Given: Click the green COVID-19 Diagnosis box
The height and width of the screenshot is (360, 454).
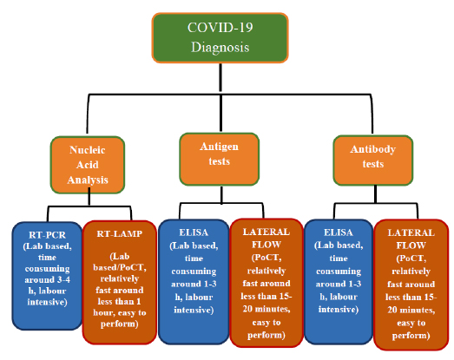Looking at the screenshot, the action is click(x=220, y=37).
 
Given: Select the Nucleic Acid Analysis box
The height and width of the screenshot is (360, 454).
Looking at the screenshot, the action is click(x=88, y=165).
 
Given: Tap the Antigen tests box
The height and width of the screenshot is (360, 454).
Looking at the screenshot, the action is click(x=219, y=159).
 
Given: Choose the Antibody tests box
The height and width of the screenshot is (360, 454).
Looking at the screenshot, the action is click(x=373, y=160).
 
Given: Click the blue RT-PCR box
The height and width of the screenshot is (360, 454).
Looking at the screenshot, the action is click(x=47, y=276).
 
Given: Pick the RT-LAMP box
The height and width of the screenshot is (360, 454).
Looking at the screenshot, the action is click(x=120, y=282).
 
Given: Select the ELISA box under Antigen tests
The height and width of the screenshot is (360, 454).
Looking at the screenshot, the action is click(x=194, y=282).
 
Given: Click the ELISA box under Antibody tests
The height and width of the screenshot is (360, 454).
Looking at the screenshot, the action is click(x=339, y=282).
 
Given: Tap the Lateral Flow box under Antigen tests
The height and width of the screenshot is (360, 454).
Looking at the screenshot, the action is click(x=266, y=283).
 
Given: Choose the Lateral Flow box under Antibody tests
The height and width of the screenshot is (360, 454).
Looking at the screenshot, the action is click(x=411, y=285).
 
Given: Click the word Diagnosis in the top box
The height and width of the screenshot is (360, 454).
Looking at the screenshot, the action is click(x=220, y=48).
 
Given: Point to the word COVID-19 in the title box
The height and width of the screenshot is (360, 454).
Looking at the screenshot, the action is click(x=220, y=28).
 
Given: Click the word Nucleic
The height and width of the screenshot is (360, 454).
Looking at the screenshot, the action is click(x=88, y=150).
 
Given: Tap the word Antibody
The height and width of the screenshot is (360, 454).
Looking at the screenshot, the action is click(x=373, y=149).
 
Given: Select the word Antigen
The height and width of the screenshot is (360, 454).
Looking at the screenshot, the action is click(x=219, y=147).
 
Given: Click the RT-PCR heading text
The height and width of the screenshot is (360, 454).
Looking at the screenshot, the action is click(x=47, y=235).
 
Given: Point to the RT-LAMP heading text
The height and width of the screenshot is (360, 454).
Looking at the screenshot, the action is click(x=120, y=233).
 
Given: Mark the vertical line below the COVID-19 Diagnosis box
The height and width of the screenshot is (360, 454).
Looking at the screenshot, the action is click(x=220, y=78).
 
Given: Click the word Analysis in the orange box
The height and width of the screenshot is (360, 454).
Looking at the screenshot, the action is click(x=88, y=180).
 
